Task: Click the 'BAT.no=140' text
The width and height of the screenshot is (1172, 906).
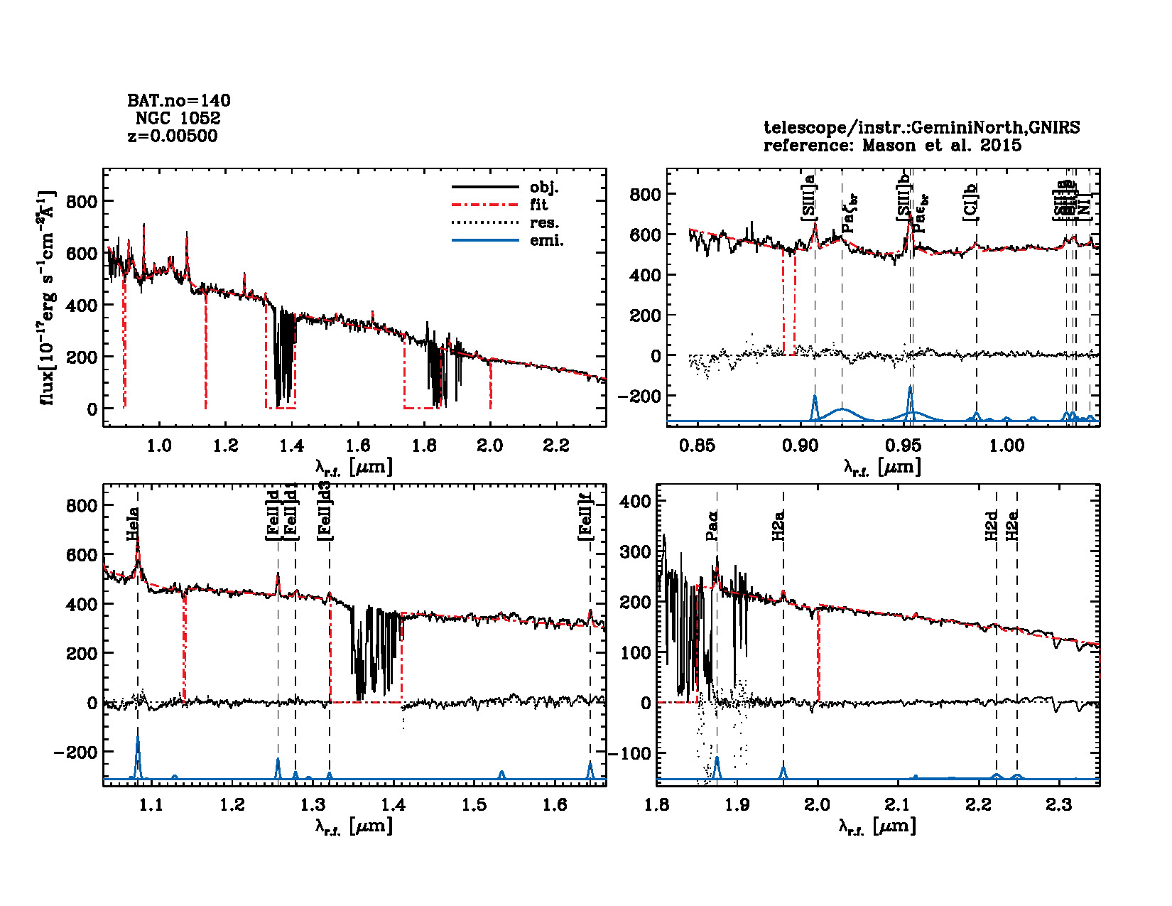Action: [178, 101]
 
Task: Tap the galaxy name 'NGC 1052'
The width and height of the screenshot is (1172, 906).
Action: [178, 118]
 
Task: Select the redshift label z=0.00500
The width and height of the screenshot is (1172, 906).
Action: [173, 136]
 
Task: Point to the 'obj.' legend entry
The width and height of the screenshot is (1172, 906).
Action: [544, 188]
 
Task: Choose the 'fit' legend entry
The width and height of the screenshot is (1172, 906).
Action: [539, 205]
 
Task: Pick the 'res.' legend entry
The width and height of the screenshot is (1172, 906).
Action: [544, 222]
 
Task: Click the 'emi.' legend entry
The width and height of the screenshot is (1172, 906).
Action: [546, 240]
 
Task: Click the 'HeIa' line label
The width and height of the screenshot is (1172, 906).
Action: [133, 524]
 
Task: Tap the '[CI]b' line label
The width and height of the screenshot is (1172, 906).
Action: [970, 202]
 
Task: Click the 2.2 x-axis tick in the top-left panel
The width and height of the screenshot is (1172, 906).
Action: [556, 446]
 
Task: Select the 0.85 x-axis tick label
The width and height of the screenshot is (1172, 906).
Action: [697, 446]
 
